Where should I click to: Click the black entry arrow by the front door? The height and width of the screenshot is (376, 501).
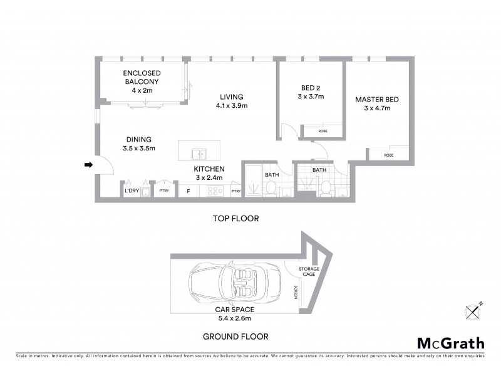88,165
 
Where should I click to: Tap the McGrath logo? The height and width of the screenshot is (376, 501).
450,343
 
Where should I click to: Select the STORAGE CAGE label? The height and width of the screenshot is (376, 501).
308,271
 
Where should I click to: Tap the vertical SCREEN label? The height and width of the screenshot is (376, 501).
295,293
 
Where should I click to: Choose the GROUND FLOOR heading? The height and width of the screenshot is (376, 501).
235,337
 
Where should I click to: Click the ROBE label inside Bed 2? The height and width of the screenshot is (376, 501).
323,131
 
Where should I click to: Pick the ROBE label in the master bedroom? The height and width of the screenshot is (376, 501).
388,155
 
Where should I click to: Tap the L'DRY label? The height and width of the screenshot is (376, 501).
132,191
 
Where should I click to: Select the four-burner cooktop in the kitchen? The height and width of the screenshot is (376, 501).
215,191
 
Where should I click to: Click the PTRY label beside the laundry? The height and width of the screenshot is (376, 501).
163,191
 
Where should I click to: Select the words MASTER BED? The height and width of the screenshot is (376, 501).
376,99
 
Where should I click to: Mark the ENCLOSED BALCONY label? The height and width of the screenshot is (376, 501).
142,77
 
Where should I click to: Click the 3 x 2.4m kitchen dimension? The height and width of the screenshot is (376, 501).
209,179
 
